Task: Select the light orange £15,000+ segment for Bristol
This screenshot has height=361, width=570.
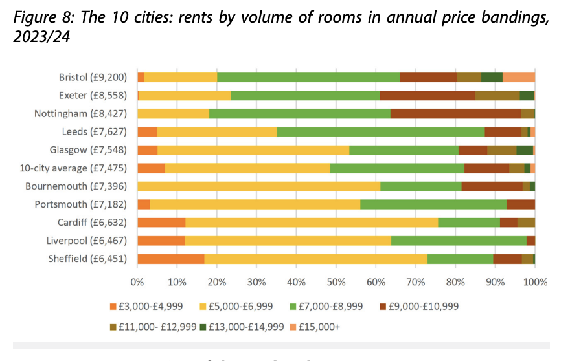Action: click(x=519, y=77)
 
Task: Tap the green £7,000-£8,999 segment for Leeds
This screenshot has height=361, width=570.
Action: click(x=381, y=132)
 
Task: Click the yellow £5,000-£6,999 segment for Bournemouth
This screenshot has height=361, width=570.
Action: click(x=258, y=186)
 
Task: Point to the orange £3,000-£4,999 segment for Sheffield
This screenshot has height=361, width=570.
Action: click(x=171, y=259)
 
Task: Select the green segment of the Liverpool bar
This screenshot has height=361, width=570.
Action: click(x=459, y=241)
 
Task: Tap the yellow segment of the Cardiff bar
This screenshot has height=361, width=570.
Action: click(x=312, y=223)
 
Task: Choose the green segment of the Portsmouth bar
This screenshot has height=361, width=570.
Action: click(x=433, y=204)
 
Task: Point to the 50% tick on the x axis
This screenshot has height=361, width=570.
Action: click(x=336, y=282)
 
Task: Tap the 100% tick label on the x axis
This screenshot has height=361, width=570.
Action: click(x=534, y=282)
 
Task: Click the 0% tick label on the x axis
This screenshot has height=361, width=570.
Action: click(x=137, y=282)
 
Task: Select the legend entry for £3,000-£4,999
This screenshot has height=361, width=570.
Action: click(x=147, y=306)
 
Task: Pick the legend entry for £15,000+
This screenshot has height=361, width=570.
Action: click(x=317, y=327)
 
